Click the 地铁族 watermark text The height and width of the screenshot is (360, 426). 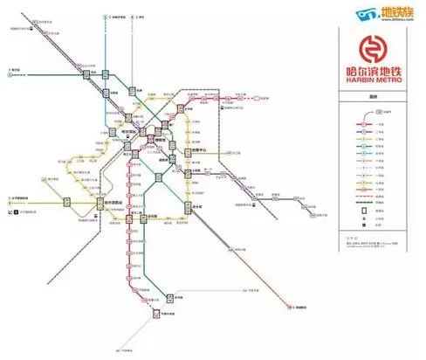[x=396, y=12]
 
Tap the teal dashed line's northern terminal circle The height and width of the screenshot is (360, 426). [x=105, y=17]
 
